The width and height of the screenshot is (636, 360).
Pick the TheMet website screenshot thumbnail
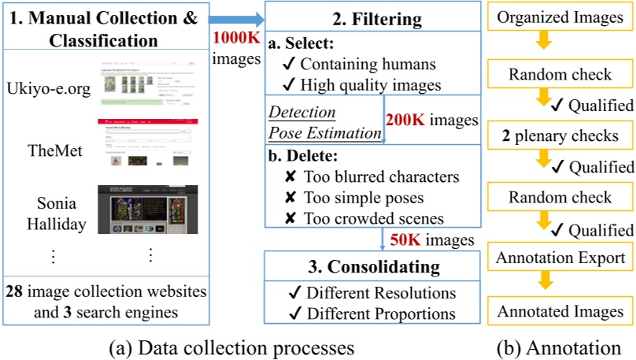click(x=147, y=143)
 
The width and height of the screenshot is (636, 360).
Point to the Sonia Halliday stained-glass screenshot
click(x=147, y=210)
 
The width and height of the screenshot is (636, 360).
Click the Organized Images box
click(x=560, y=16)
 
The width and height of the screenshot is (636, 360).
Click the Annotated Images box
click(x=560, y=310)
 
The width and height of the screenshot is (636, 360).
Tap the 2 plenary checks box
click(x=560, y=135)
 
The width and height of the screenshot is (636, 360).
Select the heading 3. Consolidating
click(x=371, y=265)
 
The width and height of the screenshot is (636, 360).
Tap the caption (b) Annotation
click(x=560, y=347)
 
